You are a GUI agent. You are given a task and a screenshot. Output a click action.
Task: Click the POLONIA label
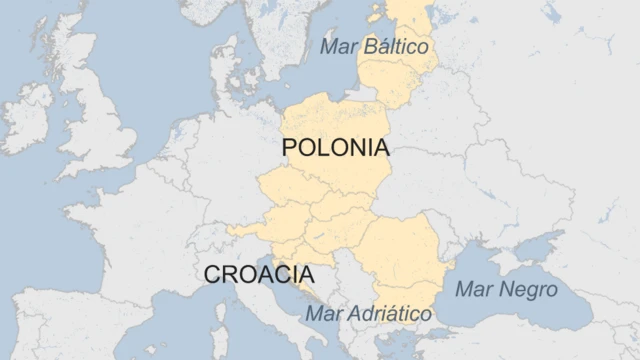pos(335,148)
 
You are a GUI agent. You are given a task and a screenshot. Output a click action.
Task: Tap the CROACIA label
pos(258,274)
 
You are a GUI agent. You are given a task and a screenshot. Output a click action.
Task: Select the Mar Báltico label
pos(374,47)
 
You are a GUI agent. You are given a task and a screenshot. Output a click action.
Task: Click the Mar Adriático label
pos(369,314)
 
